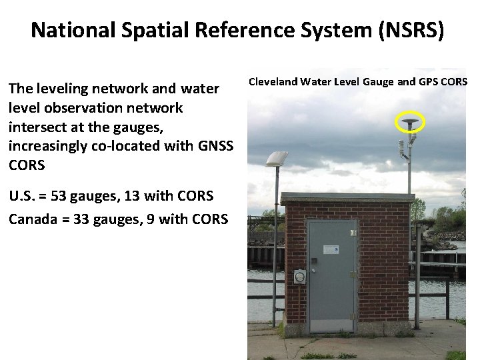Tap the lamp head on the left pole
[275, 158]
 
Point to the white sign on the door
[330, 249]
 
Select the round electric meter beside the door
[300, 276]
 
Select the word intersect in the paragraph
[37, 127]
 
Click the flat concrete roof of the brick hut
[347, 198]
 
